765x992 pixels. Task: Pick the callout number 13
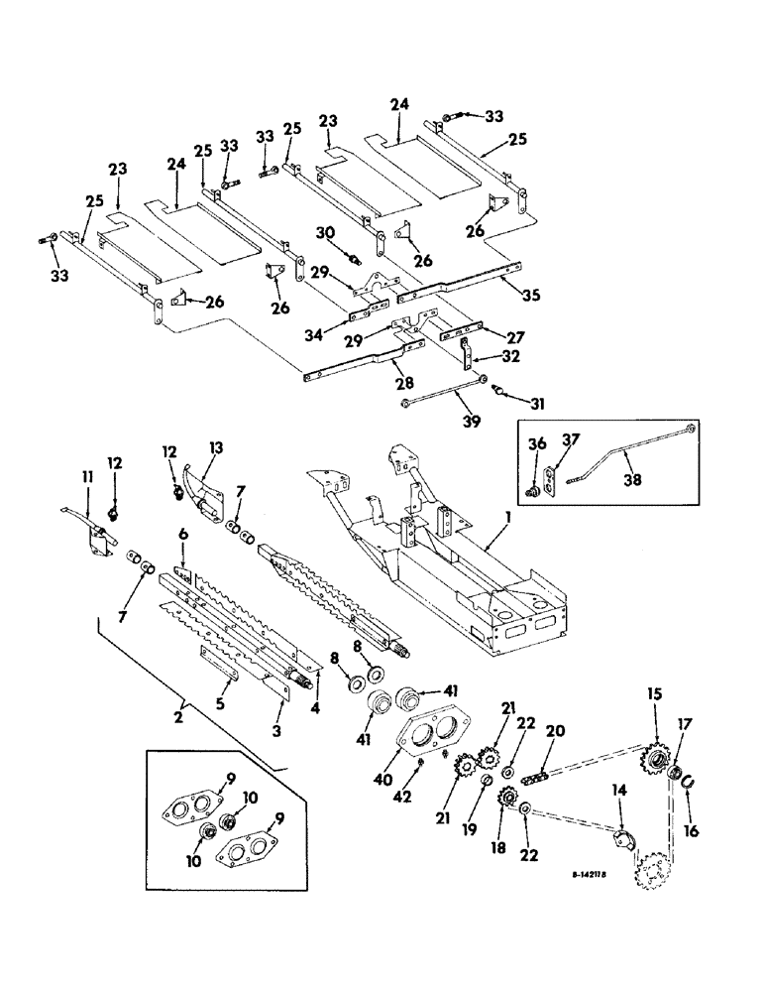pos(218,446)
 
